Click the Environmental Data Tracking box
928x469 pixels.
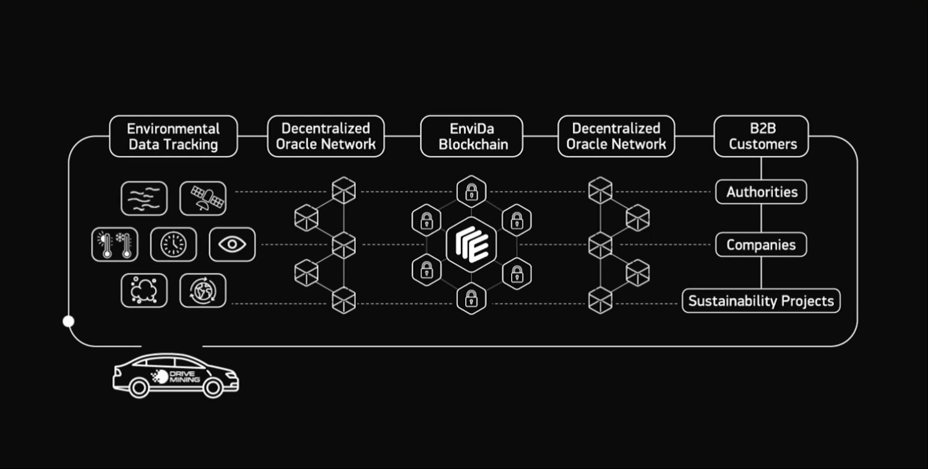click(x=173, y=137)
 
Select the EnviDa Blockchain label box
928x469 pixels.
click(x=471, y=137)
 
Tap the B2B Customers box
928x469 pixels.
click(x=761, y=137)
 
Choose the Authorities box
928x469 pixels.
click(x=761, y=192)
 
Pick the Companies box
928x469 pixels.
click(x=761, y=245)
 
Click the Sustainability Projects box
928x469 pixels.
click(x=761, y=301)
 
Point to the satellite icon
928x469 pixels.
click(x=203, y=198)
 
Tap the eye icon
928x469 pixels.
click(x=232, y=245)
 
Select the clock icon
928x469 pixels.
click(x=173, y=245)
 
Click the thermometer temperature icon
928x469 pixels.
click(x=115, y=245)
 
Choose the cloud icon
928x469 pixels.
click(x=144, y=290)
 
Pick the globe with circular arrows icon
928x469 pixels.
click(x=203, y=290)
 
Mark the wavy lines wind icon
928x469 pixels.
click(x=144, y=198)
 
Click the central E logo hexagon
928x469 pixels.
click(x=471, y=245)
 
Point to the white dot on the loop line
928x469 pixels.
click(x=69, y=321)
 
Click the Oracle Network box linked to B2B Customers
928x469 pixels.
click(x=616, y=137)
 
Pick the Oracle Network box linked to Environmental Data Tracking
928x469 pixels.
click(x=325, y=137)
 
